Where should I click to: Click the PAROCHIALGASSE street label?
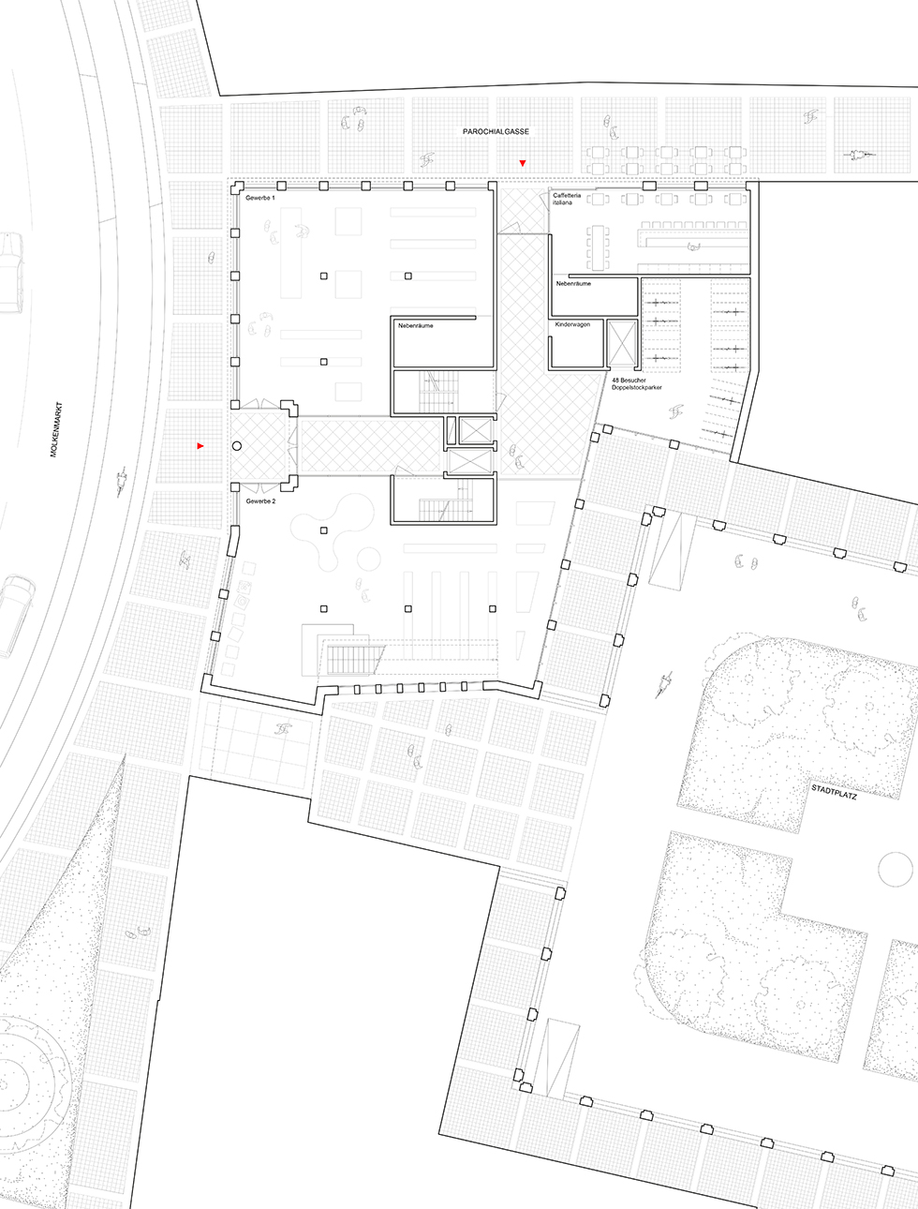496,132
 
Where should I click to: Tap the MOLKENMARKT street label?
56,429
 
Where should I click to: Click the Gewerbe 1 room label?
259,197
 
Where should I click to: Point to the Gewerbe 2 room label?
260,501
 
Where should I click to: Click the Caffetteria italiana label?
567,199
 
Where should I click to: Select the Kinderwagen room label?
572,324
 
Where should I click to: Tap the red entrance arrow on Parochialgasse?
523,163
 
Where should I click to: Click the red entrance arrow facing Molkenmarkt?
200,445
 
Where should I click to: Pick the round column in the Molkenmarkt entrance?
237,446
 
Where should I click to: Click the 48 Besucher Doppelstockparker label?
636,384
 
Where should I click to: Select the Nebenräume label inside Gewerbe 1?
416,325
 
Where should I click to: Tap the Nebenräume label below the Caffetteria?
573,283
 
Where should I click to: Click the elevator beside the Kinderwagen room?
621,344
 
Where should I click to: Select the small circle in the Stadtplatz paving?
896,869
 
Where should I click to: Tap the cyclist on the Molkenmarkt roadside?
122,483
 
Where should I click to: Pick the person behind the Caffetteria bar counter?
694,247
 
